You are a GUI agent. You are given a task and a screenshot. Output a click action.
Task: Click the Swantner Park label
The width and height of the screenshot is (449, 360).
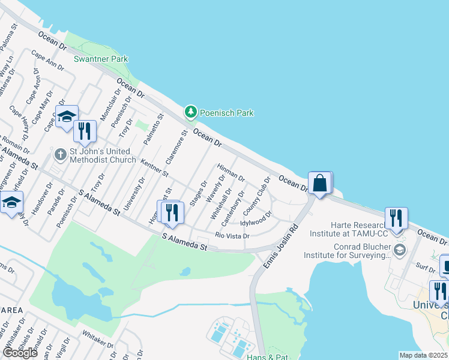point(101,59)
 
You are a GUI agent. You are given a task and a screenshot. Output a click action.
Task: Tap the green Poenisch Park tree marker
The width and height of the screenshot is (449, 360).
point(191,112)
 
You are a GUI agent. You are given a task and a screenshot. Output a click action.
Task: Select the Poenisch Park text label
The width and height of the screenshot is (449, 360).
point(227,113)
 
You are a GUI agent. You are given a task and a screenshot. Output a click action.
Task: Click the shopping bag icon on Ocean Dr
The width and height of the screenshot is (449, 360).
point(319,183)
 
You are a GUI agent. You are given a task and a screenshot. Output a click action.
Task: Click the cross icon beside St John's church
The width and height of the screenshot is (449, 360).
point(60,155)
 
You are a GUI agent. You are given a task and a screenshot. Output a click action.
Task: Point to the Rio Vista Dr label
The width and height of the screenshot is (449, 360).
point(232,236)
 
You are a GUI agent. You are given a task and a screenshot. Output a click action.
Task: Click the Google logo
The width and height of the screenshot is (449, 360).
point(20,352)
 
